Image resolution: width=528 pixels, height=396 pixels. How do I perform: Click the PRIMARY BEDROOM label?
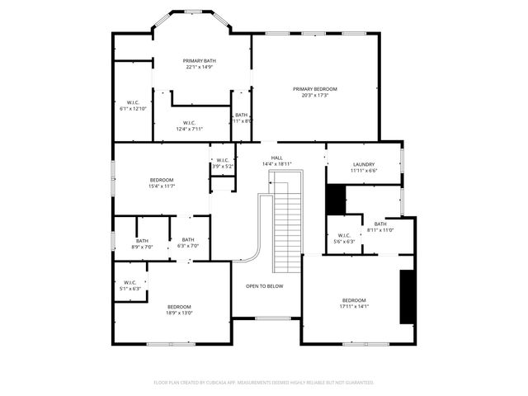314,89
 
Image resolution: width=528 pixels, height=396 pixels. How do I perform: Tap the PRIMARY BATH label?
199,60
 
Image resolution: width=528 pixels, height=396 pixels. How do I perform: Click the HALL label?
276,158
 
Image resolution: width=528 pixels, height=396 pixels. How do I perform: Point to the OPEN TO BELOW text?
264,286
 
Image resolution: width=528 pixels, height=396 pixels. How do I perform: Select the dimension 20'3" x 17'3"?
314,96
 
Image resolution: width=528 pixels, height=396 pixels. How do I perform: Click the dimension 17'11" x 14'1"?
355,307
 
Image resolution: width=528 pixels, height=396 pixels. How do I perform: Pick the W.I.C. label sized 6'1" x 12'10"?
132,103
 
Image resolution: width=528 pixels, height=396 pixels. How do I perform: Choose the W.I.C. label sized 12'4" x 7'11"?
189,123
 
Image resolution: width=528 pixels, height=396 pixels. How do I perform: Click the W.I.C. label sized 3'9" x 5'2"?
223,160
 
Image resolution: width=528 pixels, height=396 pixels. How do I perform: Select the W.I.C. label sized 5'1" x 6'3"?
130,283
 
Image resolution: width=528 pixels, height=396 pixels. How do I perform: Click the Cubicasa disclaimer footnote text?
264,383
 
